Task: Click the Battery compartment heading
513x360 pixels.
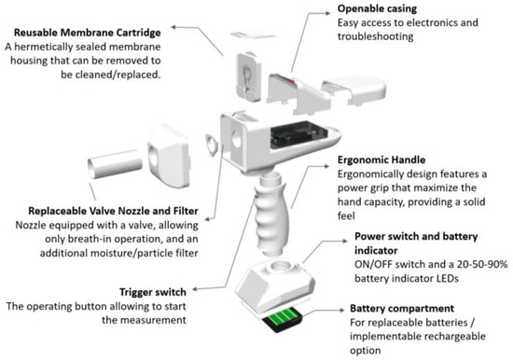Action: pyautogui.click(x=404, y=307)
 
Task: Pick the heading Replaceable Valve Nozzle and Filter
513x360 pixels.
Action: pyautogui.click(x=106, y=211)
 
